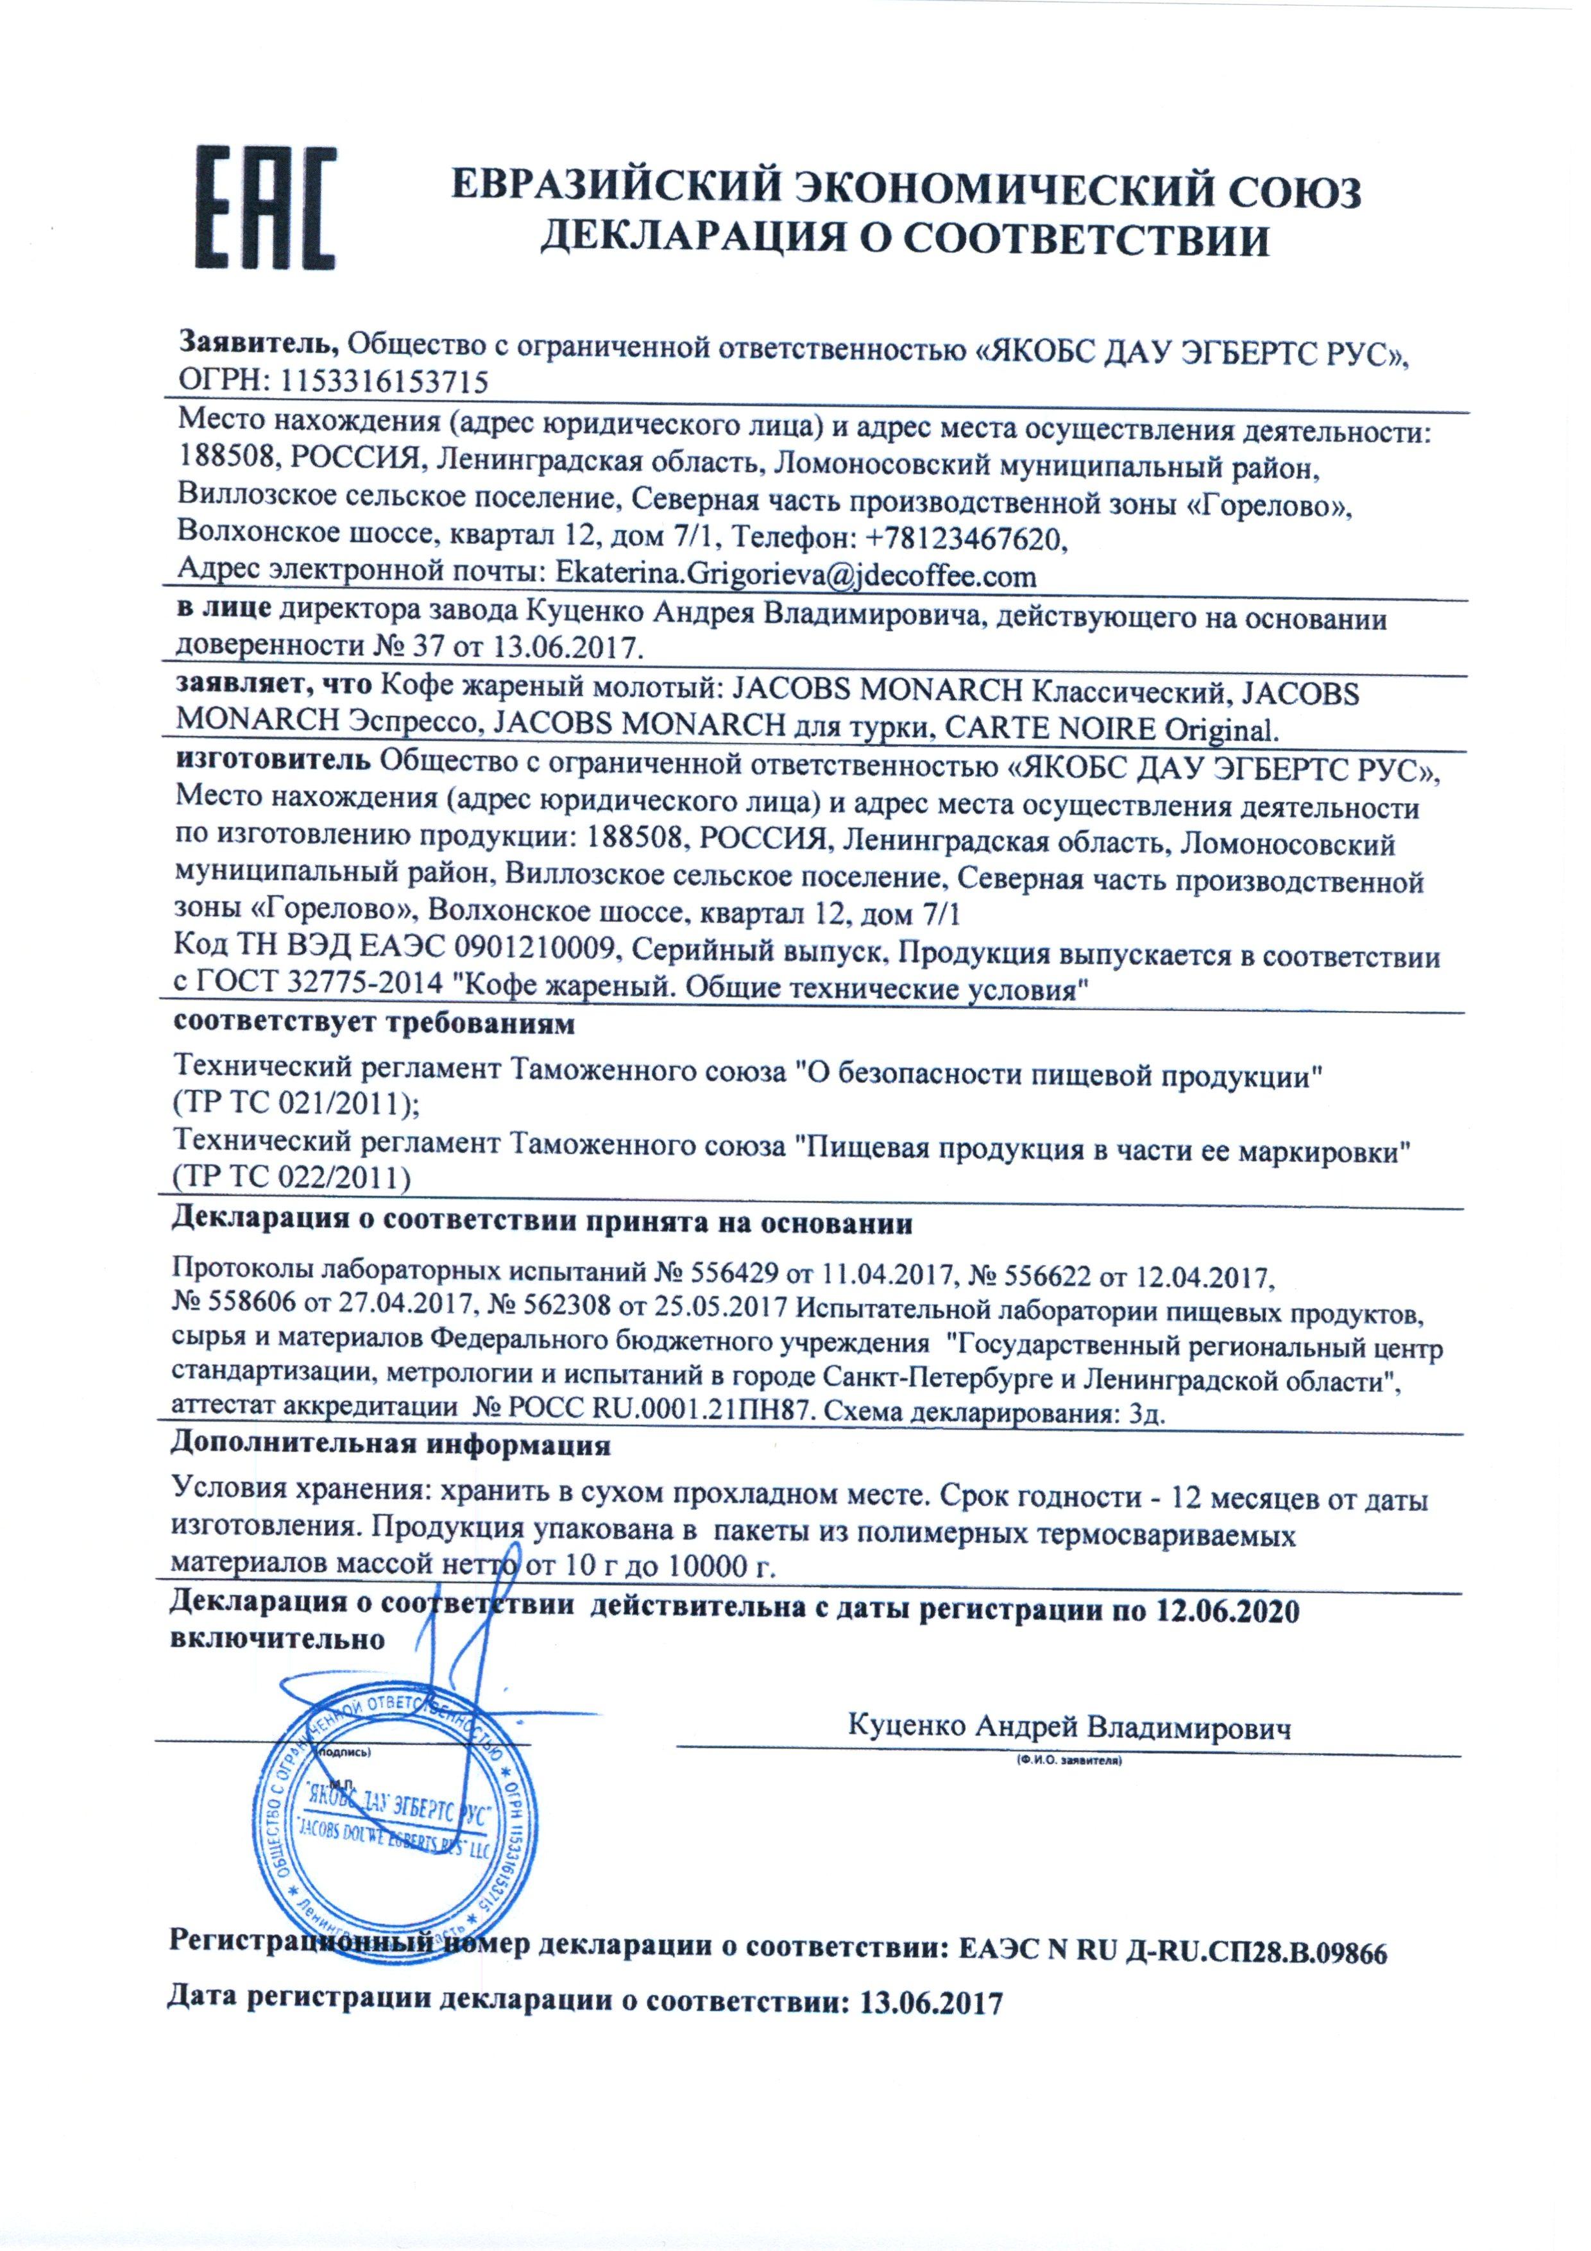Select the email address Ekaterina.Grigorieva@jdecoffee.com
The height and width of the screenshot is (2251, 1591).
coord(795,573)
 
